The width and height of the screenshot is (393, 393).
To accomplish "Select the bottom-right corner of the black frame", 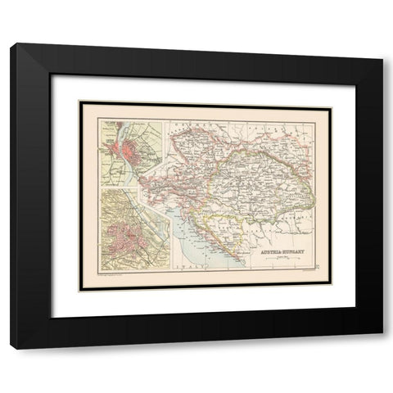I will point(382,349).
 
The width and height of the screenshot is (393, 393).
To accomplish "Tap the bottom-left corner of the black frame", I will point(11,349).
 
